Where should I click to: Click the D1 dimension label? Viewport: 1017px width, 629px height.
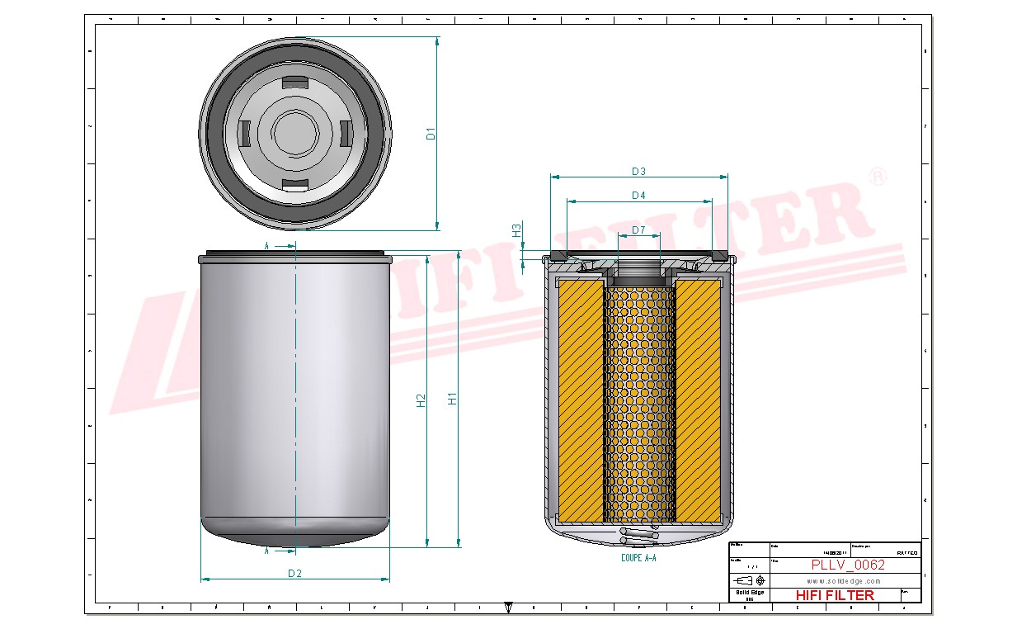431,133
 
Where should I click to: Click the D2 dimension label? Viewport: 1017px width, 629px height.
294,573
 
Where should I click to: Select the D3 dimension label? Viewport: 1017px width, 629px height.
638,172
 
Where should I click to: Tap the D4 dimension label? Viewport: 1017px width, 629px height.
638,196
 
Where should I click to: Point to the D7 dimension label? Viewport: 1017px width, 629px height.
638,229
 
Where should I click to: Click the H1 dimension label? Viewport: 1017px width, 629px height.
452,399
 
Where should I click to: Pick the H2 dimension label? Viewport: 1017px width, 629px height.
421,400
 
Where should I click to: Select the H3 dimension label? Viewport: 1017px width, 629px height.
517,230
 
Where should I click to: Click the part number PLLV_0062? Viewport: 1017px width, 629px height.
847,565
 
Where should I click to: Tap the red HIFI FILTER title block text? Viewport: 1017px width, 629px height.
835,595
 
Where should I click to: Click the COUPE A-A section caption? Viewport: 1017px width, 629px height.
638,559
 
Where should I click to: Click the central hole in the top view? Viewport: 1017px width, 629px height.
294,132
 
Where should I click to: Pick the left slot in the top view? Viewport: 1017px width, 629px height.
244,132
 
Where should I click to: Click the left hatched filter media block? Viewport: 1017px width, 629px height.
581,400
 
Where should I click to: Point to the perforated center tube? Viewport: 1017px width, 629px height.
639,404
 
